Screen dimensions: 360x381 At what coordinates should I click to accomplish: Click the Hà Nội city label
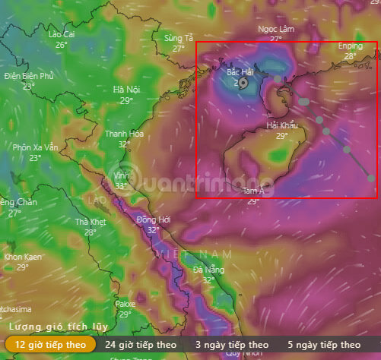click(x=126, y=90)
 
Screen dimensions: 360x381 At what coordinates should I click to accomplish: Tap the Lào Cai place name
click(x=62, y=34)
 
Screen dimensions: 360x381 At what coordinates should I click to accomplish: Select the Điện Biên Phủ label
click(x=29, y=76)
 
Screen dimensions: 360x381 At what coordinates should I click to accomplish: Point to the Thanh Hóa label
click(x=124, y=134)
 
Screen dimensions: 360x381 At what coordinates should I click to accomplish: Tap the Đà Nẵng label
click(x=208, y=270)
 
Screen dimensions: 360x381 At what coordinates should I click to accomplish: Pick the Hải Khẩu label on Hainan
click(x=281, y=125)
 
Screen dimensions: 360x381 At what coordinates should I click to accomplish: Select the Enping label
click(x=351, y=46)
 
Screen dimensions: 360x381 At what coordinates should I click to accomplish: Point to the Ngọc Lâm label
click(x=275, y=29)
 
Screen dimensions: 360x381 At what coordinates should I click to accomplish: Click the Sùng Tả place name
click(x=179, y=37)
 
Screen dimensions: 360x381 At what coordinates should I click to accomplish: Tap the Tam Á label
click(x=252, y=191)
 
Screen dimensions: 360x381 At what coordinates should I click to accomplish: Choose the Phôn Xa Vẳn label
click(x=35, y=147)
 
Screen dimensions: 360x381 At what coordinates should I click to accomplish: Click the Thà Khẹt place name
click(x=90, y=222)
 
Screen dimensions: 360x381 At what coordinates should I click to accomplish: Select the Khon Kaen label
click(x=22, y=257)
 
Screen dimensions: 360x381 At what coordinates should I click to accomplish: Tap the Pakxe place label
click(x=125, y=304)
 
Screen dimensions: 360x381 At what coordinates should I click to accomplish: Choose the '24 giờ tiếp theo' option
click(x=141, y=344)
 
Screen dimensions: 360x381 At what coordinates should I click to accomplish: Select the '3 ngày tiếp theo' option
click(x=232, y=344)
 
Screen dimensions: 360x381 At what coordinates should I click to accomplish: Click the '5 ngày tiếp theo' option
click(x=324, y=344)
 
